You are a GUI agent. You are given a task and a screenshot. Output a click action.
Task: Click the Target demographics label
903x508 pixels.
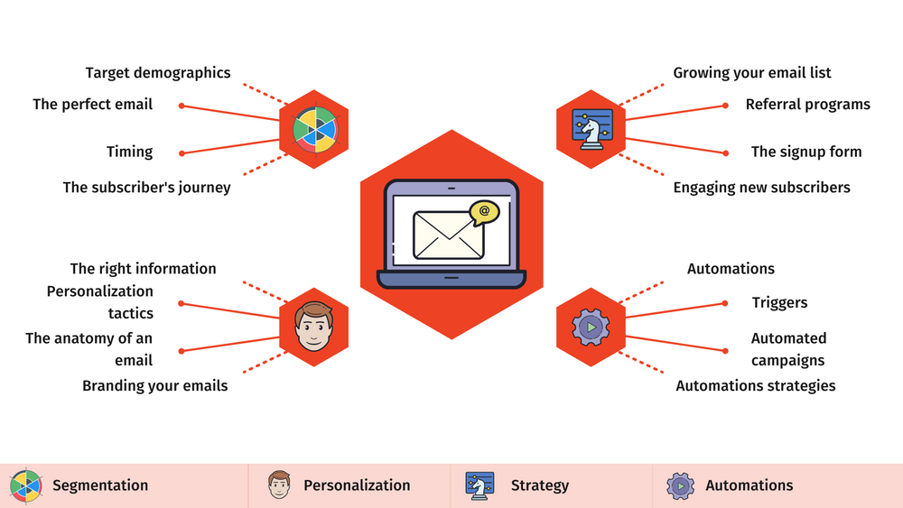coord(158,72)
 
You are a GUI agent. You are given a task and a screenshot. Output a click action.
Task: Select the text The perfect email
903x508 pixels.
coord(93,104)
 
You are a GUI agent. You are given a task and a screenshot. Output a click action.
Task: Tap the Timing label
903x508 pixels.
coord(130,152)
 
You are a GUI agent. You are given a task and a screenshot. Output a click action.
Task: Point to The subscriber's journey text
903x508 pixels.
coord(146,188)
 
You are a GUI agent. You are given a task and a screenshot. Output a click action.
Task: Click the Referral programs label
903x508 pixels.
coord(807,104)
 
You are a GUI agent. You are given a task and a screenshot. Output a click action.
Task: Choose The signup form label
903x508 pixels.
coord(806,152)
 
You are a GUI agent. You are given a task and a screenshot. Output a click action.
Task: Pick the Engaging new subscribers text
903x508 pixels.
coord(761,188)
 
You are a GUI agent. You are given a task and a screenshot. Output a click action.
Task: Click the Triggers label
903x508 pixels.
coord(779,303)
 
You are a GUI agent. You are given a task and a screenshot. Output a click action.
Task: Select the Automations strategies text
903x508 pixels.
coord(756,385)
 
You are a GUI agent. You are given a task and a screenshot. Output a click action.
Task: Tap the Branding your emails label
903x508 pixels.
coord(154,385)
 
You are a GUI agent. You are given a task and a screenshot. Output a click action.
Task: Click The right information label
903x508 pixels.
coord(143,268)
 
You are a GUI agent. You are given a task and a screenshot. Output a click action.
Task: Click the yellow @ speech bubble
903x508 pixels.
coord(484,212)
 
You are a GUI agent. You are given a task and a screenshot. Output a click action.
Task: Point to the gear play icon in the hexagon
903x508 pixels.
coord(591,327)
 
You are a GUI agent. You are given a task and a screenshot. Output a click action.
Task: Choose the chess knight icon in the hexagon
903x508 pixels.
coord(591,130)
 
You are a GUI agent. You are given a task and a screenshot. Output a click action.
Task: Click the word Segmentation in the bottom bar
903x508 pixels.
coord(99,485)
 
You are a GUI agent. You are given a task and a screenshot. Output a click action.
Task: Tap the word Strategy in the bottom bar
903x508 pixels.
coord(539,485)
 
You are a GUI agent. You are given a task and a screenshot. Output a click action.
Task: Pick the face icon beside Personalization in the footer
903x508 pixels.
coord(280,485)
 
